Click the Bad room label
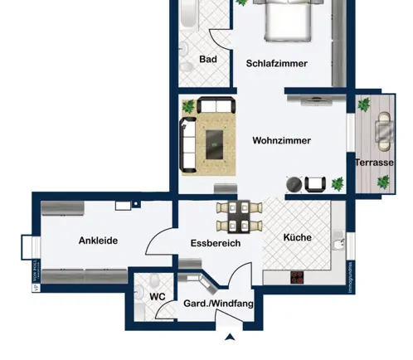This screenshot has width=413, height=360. pyautogui.click(x=208, y=60)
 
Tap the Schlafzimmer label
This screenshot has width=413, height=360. pyautogui.click(x=277, y=63)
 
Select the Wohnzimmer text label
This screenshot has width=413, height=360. pyautogui.click(x=281, y=141)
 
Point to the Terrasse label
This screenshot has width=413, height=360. pyautogui.click(x=374, y=163)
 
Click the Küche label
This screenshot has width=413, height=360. pyautogui.click(x=298, y=237)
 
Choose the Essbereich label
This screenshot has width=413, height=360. pyautogui.click(x=215, y=244)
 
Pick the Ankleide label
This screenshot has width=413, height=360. pyautogui.click(x=98, y=241)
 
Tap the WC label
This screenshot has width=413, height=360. pyautogui.click(x=158, y=296)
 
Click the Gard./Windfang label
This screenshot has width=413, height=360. pyautogui.click(x=217, y=304)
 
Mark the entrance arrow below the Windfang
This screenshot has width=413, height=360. pyautogui.click(x=230, y=336)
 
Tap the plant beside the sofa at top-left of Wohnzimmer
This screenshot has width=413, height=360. pyautogui.click(x=189, y=106)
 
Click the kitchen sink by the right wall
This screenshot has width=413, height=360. pyautogui.click(x=337, y=243)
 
